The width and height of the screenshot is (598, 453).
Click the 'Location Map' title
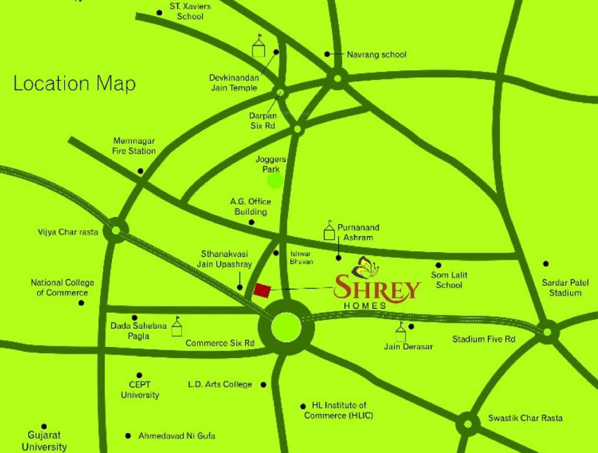(x=74, y=84)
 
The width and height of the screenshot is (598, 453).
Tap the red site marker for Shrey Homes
(x=262, y=290)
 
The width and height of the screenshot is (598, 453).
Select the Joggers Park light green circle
(x=275, y=181)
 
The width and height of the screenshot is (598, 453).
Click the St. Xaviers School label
(x=190, y=11)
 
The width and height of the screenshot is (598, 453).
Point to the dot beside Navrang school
(x=327, y=54)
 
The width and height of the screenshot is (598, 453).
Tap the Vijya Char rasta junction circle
(x=116, y=230)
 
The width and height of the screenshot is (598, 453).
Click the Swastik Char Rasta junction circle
(x=468, y=424)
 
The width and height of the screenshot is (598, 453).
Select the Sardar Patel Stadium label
(x=565, y=288)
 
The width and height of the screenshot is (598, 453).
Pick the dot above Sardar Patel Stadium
(x=546, y=264)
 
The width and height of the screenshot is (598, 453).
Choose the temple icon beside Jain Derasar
(x=401, y=332)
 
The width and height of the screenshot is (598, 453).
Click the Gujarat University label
(x=44, y=441)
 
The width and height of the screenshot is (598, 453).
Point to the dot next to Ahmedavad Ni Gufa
(x=128, y=436)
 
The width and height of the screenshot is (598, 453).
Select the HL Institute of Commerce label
(x=339, y=411)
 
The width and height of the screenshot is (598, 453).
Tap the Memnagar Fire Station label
(x=134, y=146)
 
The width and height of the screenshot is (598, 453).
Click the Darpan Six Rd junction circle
(x=281, y=92)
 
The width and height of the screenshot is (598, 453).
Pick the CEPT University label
(x=140, y=390)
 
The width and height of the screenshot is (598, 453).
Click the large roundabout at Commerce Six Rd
(x=286, y=327)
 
